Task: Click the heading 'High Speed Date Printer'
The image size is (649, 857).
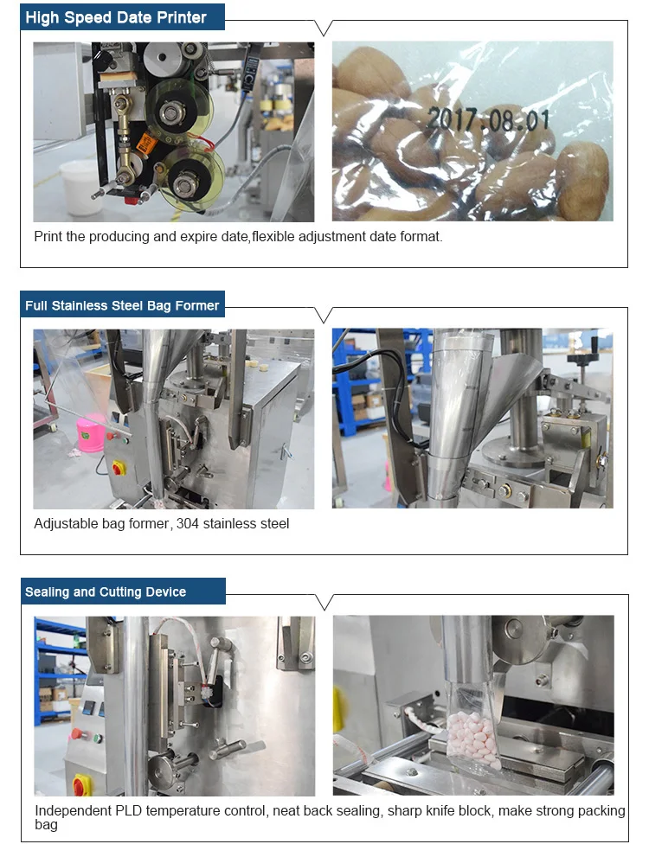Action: coord(116,17)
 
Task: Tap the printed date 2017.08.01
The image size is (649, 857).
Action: coord(490,118)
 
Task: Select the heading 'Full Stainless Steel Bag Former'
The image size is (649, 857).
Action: coord(122,305)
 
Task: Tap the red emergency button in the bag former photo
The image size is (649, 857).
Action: coord(118,468)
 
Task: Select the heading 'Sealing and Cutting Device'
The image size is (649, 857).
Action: coord(106,592)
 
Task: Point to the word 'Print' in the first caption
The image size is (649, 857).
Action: coord(48,236)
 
